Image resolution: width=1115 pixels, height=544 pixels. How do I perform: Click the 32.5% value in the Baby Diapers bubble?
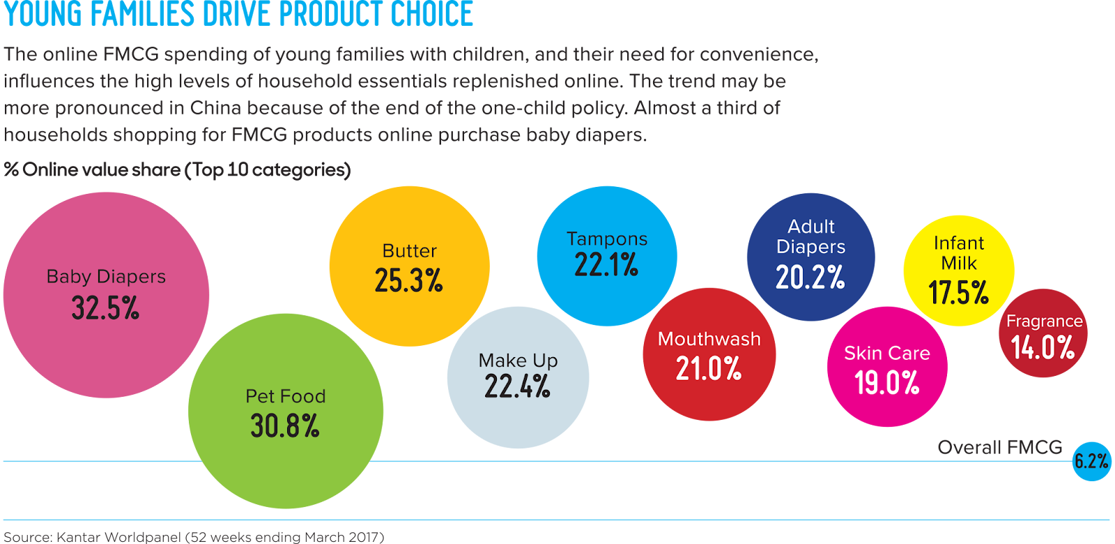click(x=105, y=308)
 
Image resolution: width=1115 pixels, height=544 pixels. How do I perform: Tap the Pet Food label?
click(x=285, y=396)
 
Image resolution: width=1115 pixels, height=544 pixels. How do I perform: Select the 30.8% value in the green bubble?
click(x=285, y=425)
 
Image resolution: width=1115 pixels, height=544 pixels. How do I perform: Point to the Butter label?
click(x=409, y=251)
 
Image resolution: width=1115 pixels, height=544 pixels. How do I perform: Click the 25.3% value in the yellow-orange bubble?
click(x=409, y=280)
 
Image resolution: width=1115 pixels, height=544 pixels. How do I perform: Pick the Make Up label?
click(x=518, y=361)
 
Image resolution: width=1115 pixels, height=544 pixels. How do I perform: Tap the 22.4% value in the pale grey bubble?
click(x=518, y=386)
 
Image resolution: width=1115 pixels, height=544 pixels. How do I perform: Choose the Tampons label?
click(x=607, y=239)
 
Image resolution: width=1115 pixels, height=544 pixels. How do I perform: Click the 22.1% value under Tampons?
click(x=606, y=265)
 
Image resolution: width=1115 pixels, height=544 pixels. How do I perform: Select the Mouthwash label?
click(x=709, y=339)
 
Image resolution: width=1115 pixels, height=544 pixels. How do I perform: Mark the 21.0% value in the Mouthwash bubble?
click(x=709, y=368)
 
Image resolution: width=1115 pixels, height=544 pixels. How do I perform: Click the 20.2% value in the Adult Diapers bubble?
click(x=810, y=278)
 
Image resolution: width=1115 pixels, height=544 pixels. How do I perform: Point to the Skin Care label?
click(x=887, y=354)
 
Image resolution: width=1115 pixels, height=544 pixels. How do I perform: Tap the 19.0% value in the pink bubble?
click(x=887, y=382)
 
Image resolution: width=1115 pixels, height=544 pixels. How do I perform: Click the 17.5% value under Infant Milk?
click(x=959, y=293)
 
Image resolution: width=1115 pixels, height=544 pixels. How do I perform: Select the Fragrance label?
click(x=1044, y=322)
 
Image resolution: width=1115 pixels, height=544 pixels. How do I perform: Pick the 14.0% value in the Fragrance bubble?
click(x=1043, y=347)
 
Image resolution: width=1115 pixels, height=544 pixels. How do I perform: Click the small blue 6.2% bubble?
click(x=1091, y=461)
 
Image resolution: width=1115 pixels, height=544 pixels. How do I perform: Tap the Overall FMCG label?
click(x=1000, y=447)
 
